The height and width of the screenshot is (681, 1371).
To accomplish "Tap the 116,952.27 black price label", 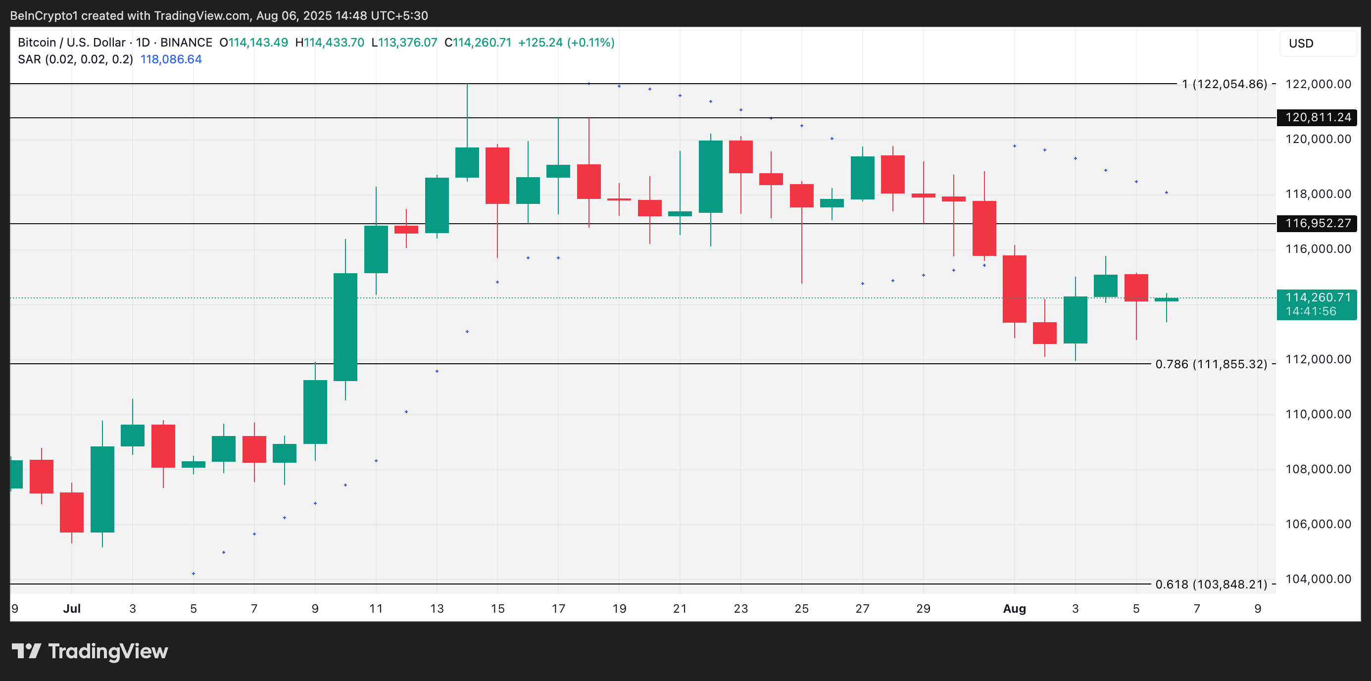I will pos(1317,224).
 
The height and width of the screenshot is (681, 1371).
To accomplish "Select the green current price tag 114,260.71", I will pos(1317,304).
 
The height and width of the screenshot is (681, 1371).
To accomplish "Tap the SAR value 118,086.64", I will pos(171,59).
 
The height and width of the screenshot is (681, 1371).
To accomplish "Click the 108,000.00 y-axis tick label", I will pos(1318,469).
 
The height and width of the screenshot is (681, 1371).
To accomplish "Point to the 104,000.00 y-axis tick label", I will pos(1318,579).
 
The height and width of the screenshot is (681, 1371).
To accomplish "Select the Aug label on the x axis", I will pos(1014,609).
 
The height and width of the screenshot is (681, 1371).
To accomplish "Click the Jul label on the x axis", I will pos(72,609).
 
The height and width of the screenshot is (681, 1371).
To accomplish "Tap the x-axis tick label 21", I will pos(680,609).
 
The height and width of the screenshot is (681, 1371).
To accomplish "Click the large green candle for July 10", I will pos(345,327).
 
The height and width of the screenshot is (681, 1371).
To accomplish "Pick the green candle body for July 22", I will pos(711,177).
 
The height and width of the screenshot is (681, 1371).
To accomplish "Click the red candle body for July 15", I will pos(497,176).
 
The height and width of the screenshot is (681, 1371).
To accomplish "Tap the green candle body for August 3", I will pos(1075,320).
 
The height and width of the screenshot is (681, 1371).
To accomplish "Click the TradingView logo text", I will pos(107,651).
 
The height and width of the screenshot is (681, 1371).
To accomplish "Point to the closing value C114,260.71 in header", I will pos(478,43).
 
